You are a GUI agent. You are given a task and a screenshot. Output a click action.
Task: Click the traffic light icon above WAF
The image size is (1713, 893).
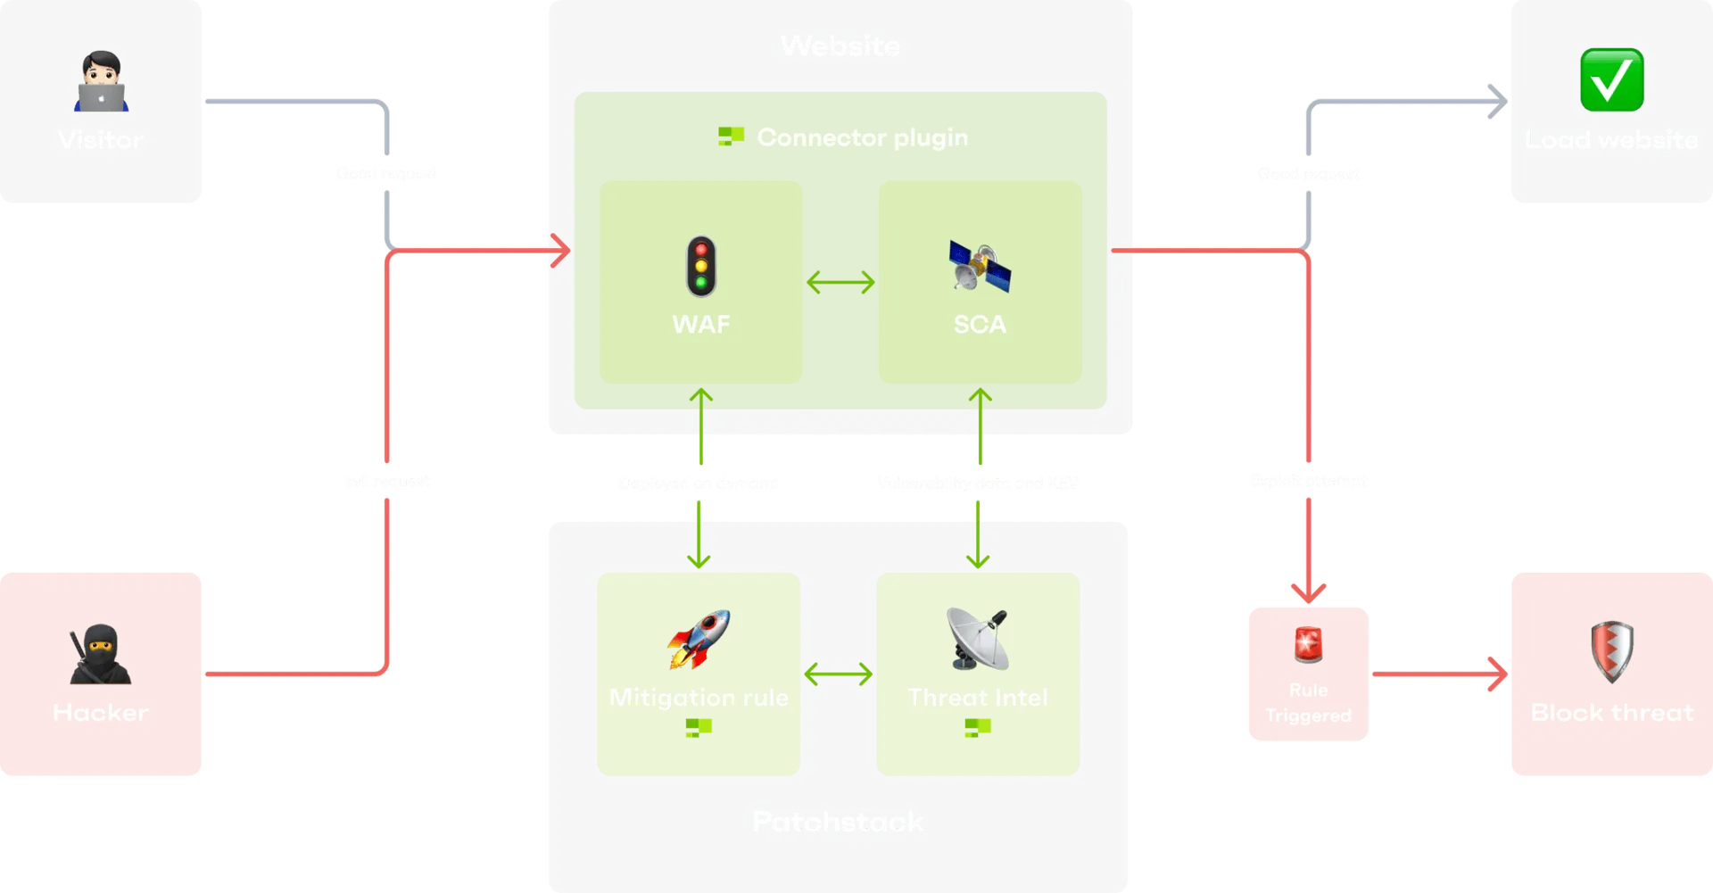(x=701, y=266)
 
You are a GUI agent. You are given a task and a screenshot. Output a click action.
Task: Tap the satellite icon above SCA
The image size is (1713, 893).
(x=980, y=267)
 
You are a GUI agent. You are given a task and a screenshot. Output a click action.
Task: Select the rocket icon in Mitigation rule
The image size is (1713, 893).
(x=699, y=638)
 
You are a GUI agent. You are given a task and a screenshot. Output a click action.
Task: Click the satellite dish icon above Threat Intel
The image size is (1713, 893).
(x=978, y=638)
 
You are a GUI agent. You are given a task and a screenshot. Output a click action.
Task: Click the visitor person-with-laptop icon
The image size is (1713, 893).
(x=101, y=82)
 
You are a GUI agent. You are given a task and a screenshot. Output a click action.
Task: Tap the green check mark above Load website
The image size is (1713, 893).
(x=1611, y=80)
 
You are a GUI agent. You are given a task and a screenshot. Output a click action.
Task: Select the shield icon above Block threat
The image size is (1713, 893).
(x=1612, y=651)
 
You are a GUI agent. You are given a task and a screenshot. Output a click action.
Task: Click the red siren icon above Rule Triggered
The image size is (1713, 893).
(x=1308, y=644)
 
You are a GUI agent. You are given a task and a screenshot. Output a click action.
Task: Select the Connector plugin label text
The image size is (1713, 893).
(x=862, y=137)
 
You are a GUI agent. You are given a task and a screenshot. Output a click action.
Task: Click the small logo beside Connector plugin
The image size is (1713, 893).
(x=732, y=136)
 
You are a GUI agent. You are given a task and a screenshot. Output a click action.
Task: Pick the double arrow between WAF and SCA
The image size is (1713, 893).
(x=840, y=283)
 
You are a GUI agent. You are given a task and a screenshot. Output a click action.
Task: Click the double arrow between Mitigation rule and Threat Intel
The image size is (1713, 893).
(x=838, y=674)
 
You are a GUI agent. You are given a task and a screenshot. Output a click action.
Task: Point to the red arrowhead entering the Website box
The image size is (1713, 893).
(x=561, y=251)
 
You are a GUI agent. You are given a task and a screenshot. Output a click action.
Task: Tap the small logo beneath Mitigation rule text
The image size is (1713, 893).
(x=699, y=728)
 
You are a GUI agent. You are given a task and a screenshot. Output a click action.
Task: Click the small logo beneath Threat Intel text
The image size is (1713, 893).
(x=978, y=728)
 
